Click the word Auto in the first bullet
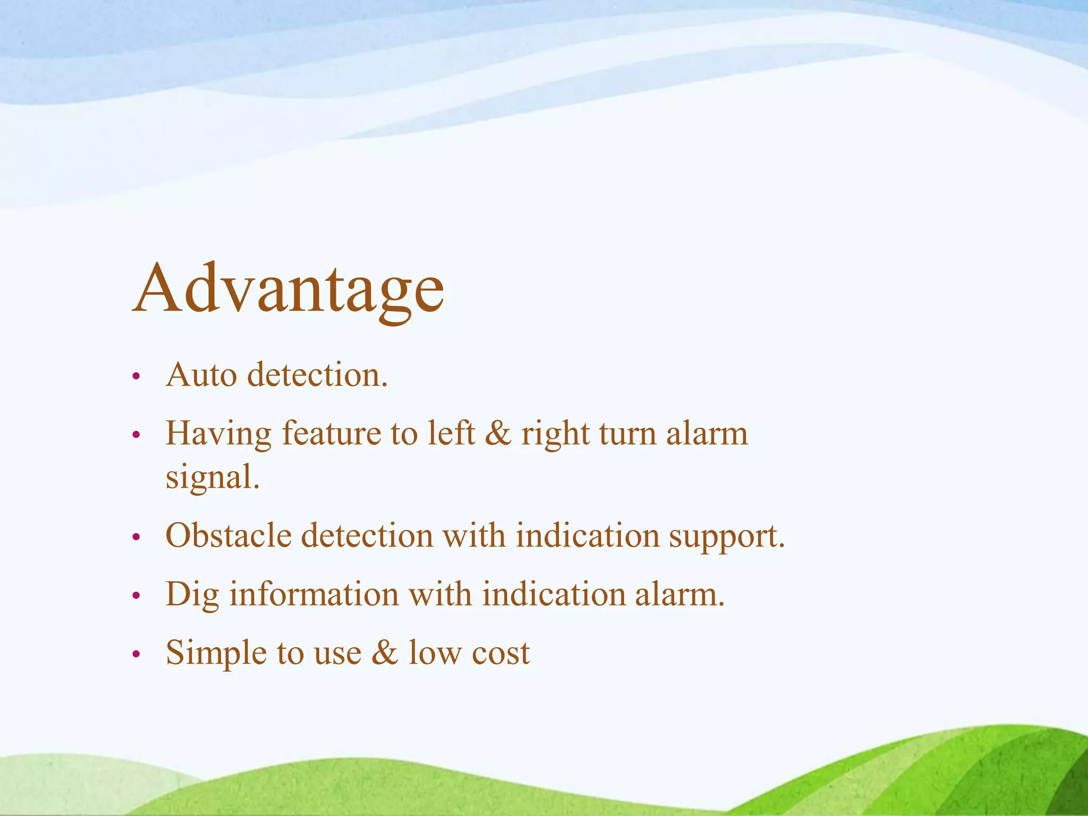201,375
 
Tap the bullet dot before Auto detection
136,377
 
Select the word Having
218,435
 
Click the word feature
331,433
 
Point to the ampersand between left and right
498,433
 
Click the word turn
627,433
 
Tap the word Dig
192,595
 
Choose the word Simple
216,653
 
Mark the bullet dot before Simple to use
136,654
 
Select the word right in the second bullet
555,435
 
